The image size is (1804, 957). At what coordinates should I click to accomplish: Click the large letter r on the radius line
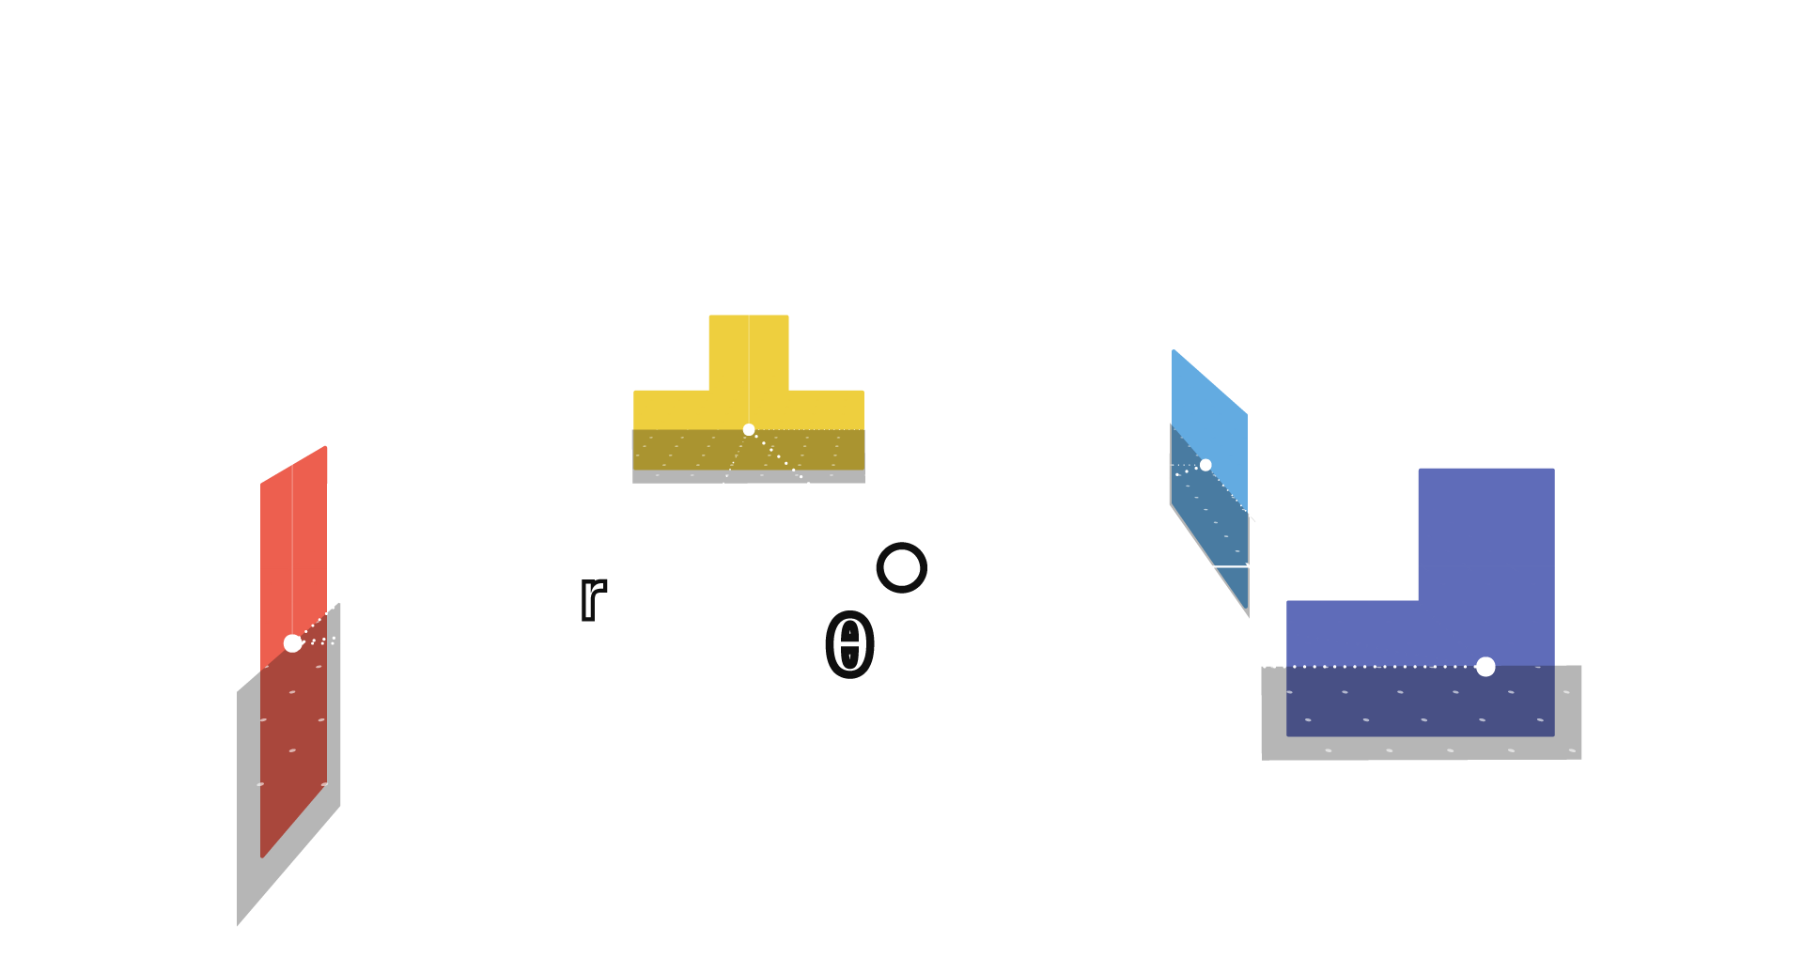[x=592, y=597]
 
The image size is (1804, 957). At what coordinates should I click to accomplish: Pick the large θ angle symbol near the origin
[x=849, y=646]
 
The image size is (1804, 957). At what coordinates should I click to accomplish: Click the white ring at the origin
[x=902, y=567]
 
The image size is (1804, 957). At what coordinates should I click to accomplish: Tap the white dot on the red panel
[x=292, y=643]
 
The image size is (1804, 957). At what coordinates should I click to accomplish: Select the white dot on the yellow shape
[x=749, y=429]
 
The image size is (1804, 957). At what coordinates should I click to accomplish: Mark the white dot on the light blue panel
[x=1205, y=465]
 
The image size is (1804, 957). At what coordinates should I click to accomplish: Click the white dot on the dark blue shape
[x=1485, y=667]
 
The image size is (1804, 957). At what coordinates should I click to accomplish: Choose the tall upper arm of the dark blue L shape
[x=1485, y=531]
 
